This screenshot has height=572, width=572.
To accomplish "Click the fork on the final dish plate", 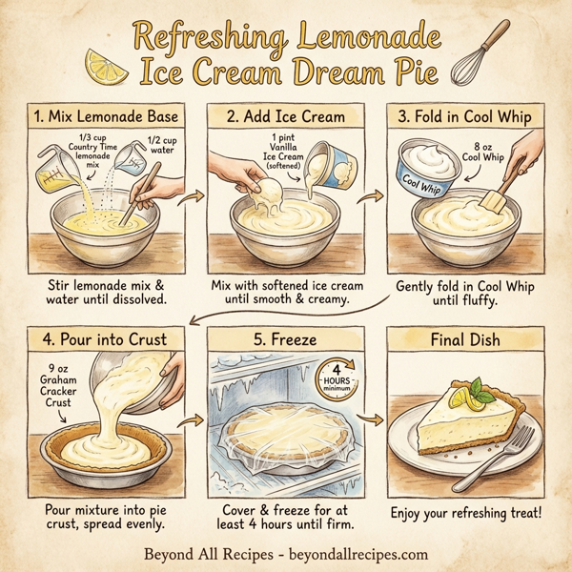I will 500,462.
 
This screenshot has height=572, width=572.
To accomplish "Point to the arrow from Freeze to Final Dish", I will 375,421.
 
